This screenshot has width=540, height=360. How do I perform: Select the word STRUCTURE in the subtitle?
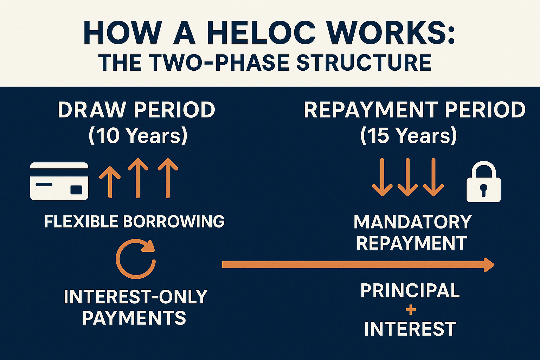pos(364,63)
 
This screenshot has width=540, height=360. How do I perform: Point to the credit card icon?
pos(59,181)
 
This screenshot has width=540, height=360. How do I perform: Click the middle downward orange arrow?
pos(408,177)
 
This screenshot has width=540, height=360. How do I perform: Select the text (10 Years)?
pos(138,135)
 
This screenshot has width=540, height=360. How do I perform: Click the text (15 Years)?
pos(409,135)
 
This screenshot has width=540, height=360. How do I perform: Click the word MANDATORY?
pos(413,222)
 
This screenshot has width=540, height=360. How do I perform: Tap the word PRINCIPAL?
pos(410,291)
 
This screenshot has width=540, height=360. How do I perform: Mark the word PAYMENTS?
pos(134,318)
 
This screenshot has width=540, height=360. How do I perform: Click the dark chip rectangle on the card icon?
pos(76,190)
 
